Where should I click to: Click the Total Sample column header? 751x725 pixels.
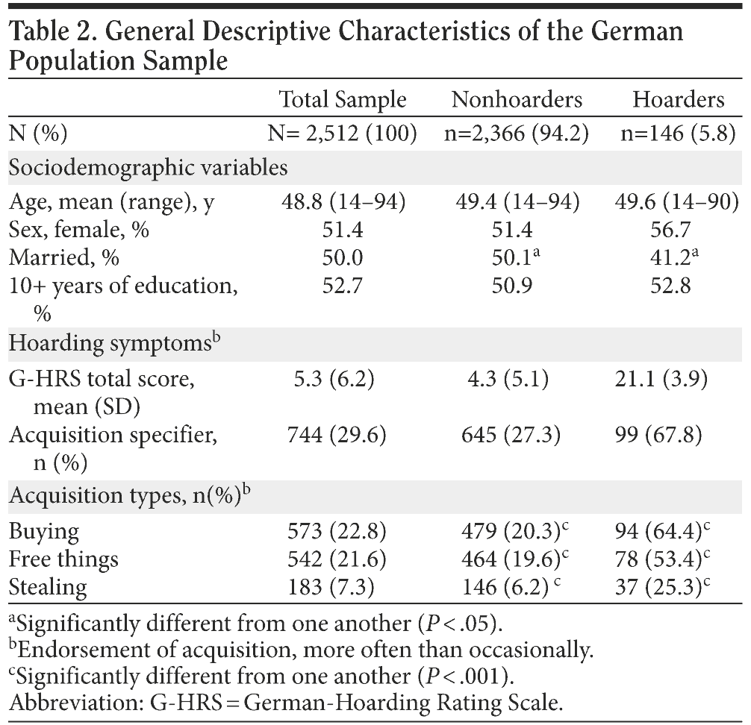tap(343, 99)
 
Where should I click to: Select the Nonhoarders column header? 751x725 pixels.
tap(516, 99)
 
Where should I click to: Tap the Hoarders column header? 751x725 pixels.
tap(678, 99)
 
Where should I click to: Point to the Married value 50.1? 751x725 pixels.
tap(512, 257)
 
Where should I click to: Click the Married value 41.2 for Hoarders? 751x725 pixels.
tap(674, 257)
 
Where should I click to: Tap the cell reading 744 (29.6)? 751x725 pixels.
tap(337, 435)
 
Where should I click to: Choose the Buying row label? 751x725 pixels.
tap(43, 531)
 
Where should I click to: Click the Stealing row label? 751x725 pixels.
tap(48, 586)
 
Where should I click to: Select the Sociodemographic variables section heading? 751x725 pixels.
tap(148, 167)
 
